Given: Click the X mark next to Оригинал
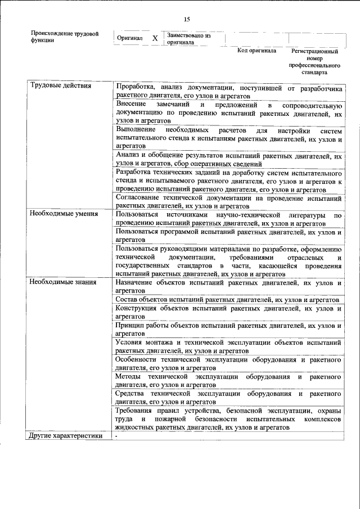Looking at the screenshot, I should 155,39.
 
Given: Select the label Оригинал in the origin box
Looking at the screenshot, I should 129,38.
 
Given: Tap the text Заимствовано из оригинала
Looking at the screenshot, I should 188,38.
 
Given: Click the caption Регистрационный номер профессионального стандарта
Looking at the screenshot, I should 315,61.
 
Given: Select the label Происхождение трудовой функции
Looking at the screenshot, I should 65,37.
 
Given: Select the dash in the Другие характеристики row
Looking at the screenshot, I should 116,436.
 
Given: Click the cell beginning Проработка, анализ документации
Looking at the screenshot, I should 228,91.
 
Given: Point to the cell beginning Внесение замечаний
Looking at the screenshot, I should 228,113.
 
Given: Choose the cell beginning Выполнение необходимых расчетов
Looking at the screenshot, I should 228,137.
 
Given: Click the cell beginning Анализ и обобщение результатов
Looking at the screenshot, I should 228,159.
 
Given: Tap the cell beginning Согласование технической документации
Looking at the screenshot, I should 228,202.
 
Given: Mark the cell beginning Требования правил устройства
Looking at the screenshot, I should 228,418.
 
